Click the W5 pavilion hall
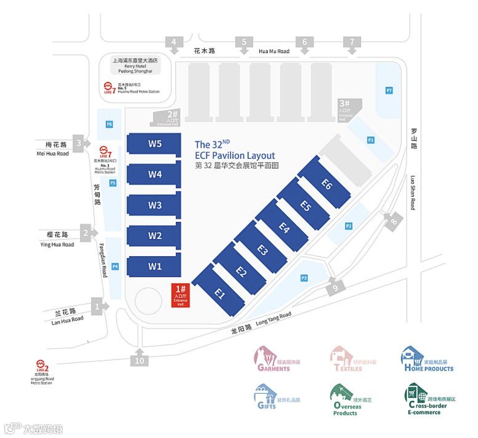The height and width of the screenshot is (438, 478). pos(154,144)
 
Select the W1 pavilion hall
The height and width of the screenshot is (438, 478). pos(154,266)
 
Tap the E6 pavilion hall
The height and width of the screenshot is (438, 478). pos(326,184)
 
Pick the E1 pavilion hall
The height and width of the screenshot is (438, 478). pos(219,294)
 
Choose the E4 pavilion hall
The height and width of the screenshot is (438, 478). pos(284,227)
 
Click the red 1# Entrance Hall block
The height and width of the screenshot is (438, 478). pos(180,296)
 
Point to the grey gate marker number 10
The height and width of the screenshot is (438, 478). pos(139,360)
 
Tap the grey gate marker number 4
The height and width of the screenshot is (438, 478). pos(174,43)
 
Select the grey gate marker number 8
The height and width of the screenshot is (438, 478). pos(393,221)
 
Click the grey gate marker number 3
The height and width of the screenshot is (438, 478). pos(79,143)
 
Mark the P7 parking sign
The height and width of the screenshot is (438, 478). pos(389,90)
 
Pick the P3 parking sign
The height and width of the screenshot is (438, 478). pos(304,278)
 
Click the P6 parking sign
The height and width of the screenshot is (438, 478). pos(109,124)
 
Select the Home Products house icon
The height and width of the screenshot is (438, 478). pos(411,356)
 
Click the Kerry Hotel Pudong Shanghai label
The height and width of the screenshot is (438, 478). pos(135,66)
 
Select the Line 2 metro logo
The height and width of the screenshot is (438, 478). pos(43,366)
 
